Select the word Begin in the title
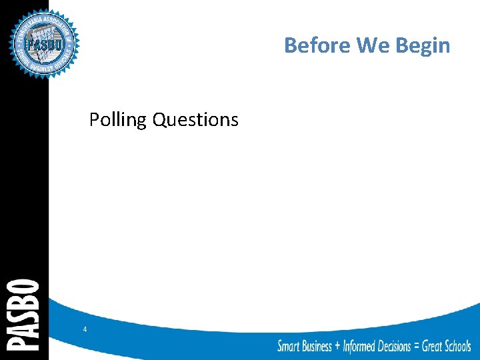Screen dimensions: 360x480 pos(423,45)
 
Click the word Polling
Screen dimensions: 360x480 pos(118,120)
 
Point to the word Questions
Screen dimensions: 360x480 pos(195,120)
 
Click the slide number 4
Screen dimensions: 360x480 pos(85,329)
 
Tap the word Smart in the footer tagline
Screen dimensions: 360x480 pos(288,346)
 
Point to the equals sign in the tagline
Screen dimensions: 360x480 pos(417,346)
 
